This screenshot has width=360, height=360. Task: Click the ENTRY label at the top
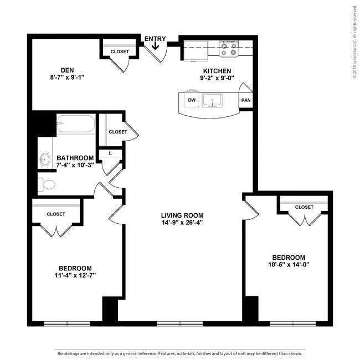tap(155, 39)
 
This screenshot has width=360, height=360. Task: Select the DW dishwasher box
tap(192, 100)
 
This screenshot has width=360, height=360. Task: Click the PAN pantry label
tap(245, 100)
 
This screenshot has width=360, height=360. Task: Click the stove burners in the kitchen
tap(228, 49)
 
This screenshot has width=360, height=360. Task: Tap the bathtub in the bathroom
tap(76, 124)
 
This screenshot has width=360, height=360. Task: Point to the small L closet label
tap(110, 153)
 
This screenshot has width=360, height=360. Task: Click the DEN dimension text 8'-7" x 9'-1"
tap(67, 78)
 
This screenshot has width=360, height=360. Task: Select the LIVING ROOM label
tap(182, 215)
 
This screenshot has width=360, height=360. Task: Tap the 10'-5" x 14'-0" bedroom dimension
tap(288, 264)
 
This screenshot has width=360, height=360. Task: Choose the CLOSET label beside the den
tap(120, 52)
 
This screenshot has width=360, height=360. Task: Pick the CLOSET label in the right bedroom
tap(304, 207)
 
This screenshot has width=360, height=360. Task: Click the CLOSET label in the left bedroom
tap(56, 214)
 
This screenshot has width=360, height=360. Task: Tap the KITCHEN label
tap(217, 71)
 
